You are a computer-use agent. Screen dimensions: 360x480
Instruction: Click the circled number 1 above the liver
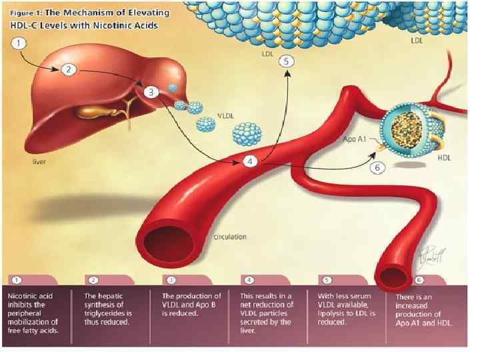pos(21,43)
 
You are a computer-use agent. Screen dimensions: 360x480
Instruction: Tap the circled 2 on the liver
pos(69,69)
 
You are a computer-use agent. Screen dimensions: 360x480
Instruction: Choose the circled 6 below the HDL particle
pos(377,167)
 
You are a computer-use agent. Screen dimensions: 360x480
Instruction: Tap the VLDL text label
pos(225,115)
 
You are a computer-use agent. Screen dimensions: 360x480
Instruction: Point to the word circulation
pos(230,236)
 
